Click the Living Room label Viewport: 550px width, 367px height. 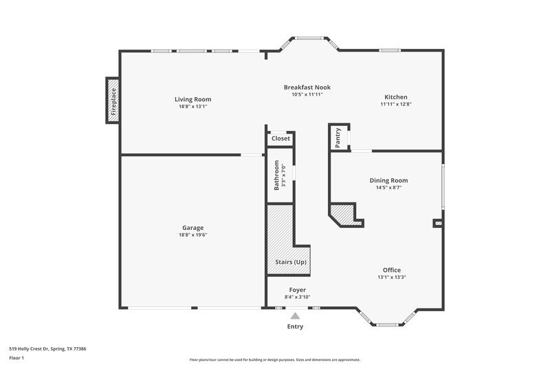tap(192, 99)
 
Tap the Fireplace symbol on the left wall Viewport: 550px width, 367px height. tap(113, 101)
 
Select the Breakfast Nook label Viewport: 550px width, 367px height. tap(307, 87)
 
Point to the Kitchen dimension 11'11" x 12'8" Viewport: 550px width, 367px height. tap(395, 105)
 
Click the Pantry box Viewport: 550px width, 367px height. tap(338, 137)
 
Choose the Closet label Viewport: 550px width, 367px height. tap(280, 138)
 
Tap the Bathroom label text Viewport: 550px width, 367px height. tap(277, 176)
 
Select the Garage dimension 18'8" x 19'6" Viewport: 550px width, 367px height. tap(192, 235)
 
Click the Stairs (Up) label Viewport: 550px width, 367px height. tap(290, 262)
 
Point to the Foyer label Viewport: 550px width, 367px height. tap(297, 290)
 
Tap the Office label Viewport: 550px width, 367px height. tap(392, 270)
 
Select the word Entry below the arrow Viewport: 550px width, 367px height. tap(295, 326)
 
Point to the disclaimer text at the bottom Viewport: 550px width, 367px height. tap(275, 359)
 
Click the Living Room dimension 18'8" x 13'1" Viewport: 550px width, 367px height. tap(192, 107)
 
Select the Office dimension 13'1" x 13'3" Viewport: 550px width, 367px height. tap(392, 277)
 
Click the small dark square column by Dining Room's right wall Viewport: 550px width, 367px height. tap(437, 223)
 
